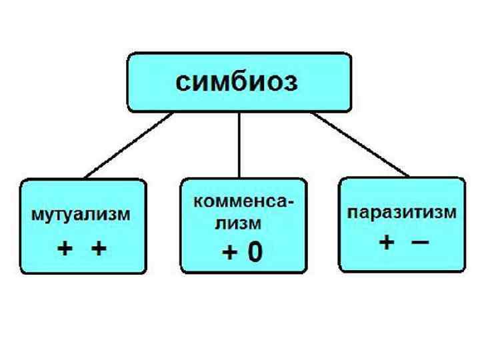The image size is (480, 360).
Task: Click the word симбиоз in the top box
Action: tap(237, 83)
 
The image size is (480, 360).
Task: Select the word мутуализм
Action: tap(79, 216)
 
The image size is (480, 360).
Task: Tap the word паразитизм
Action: tap(402, 214)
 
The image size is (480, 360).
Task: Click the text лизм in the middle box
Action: tap(237, 225)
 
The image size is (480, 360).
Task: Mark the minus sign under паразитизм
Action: tap(419, 242)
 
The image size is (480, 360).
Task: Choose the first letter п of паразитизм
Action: tap(353, 214)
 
